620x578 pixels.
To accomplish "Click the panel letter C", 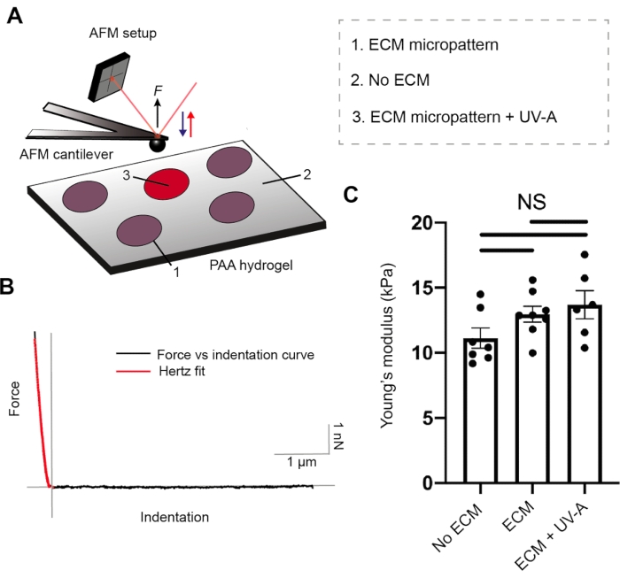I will pyautogui.click(x=351, y=194).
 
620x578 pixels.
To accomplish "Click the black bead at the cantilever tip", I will pyautogui.click(x=157, y=141).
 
